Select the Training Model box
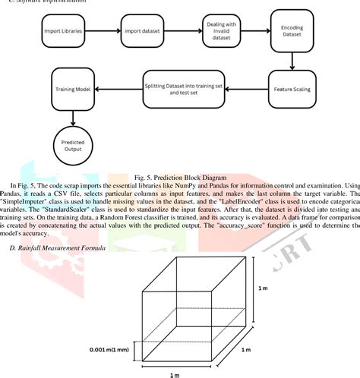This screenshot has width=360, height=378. (72, 88)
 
